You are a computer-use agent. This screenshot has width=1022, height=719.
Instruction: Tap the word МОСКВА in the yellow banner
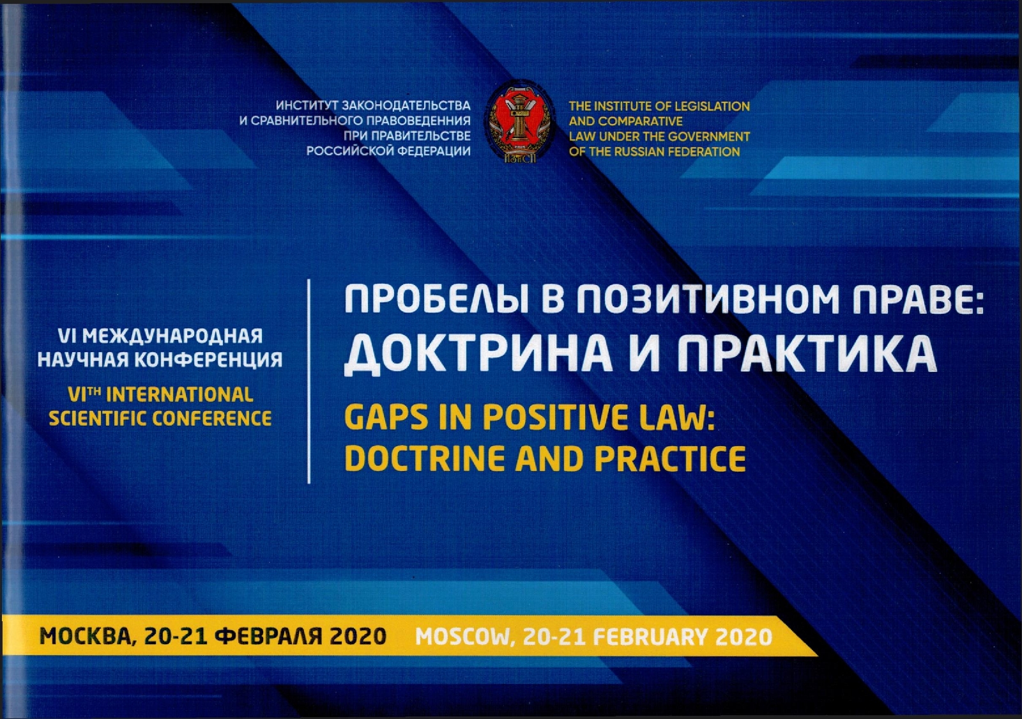89,637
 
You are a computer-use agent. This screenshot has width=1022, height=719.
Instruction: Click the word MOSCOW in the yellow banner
466,637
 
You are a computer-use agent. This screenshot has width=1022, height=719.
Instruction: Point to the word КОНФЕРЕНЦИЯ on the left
208,360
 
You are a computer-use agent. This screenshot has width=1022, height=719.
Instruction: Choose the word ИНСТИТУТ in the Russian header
306,106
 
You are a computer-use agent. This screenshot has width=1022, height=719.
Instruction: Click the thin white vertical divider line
309,381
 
